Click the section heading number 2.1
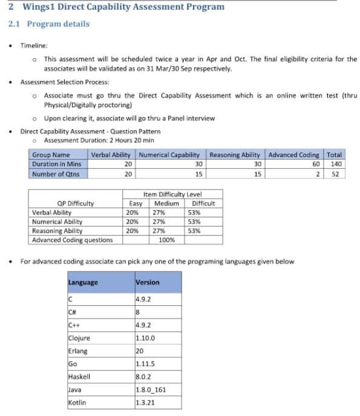(x=15, y=24)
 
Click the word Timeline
(x=33, y=45)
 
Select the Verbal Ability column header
(x=113, y=155)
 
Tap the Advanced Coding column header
(x=293, y=155)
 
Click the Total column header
(x=334, y=155)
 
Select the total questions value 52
(x=337, y=174)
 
